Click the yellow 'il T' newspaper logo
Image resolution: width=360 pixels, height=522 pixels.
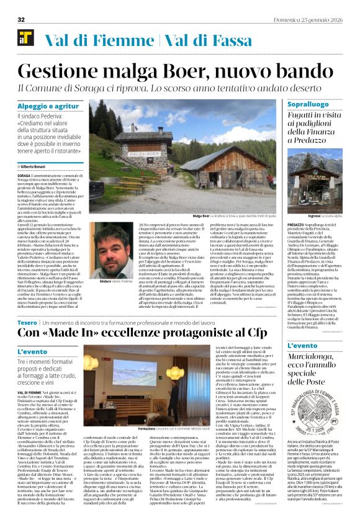click(x=25, y=38)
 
